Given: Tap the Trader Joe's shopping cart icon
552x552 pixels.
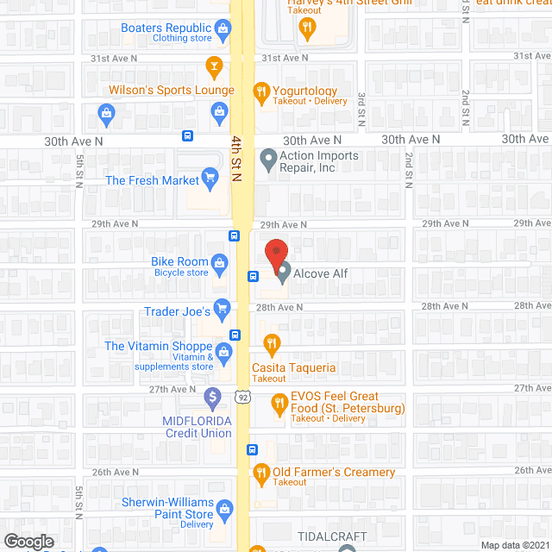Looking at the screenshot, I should pos(222,307).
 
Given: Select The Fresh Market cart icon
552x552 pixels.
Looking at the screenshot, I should pos(209,179).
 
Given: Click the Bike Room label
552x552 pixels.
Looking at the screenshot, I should pos(179,261).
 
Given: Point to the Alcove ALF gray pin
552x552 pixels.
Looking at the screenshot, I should pos(283,273).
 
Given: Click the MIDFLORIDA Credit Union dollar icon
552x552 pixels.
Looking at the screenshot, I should pos(212,398).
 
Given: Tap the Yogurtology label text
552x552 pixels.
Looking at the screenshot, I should pos(304,91).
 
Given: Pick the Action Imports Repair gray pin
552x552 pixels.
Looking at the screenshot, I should pos(268,159).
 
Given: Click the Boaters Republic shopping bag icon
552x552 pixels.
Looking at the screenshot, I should pos(223,31).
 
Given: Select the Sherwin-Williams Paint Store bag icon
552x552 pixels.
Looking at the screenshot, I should pos(224,508).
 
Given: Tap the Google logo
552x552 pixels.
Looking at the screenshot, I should pos(28,542).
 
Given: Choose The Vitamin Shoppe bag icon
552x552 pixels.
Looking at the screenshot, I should pos(223,351).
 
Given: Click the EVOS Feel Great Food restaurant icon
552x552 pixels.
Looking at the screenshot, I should pos(279,402).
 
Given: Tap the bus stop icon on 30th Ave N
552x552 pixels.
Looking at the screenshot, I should pos(187,136).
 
